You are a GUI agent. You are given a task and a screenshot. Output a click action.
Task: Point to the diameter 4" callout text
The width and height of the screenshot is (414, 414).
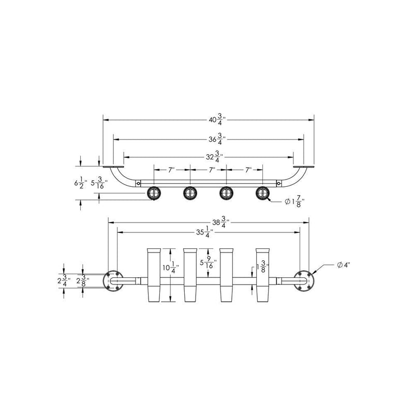point(343,265)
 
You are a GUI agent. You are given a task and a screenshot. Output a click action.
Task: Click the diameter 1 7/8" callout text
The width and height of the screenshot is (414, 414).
point(294,202)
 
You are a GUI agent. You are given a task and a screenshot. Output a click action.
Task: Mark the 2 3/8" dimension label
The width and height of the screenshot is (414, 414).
point(82,280)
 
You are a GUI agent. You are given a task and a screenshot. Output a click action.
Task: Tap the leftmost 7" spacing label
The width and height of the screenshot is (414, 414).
point(171,170)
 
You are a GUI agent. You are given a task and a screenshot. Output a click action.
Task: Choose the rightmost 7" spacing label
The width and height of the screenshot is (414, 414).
point(247,170)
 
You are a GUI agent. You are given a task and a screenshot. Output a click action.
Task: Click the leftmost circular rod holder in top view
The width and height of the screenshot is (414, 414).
point(154,194)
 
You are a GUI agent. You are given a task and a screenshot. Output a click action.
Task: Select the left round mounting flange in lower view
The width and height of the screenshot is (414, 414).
point(113,280)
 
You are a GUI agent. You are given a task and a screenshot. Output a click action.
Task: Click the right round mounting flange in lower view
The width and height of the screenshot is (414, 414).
point(303,280)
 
